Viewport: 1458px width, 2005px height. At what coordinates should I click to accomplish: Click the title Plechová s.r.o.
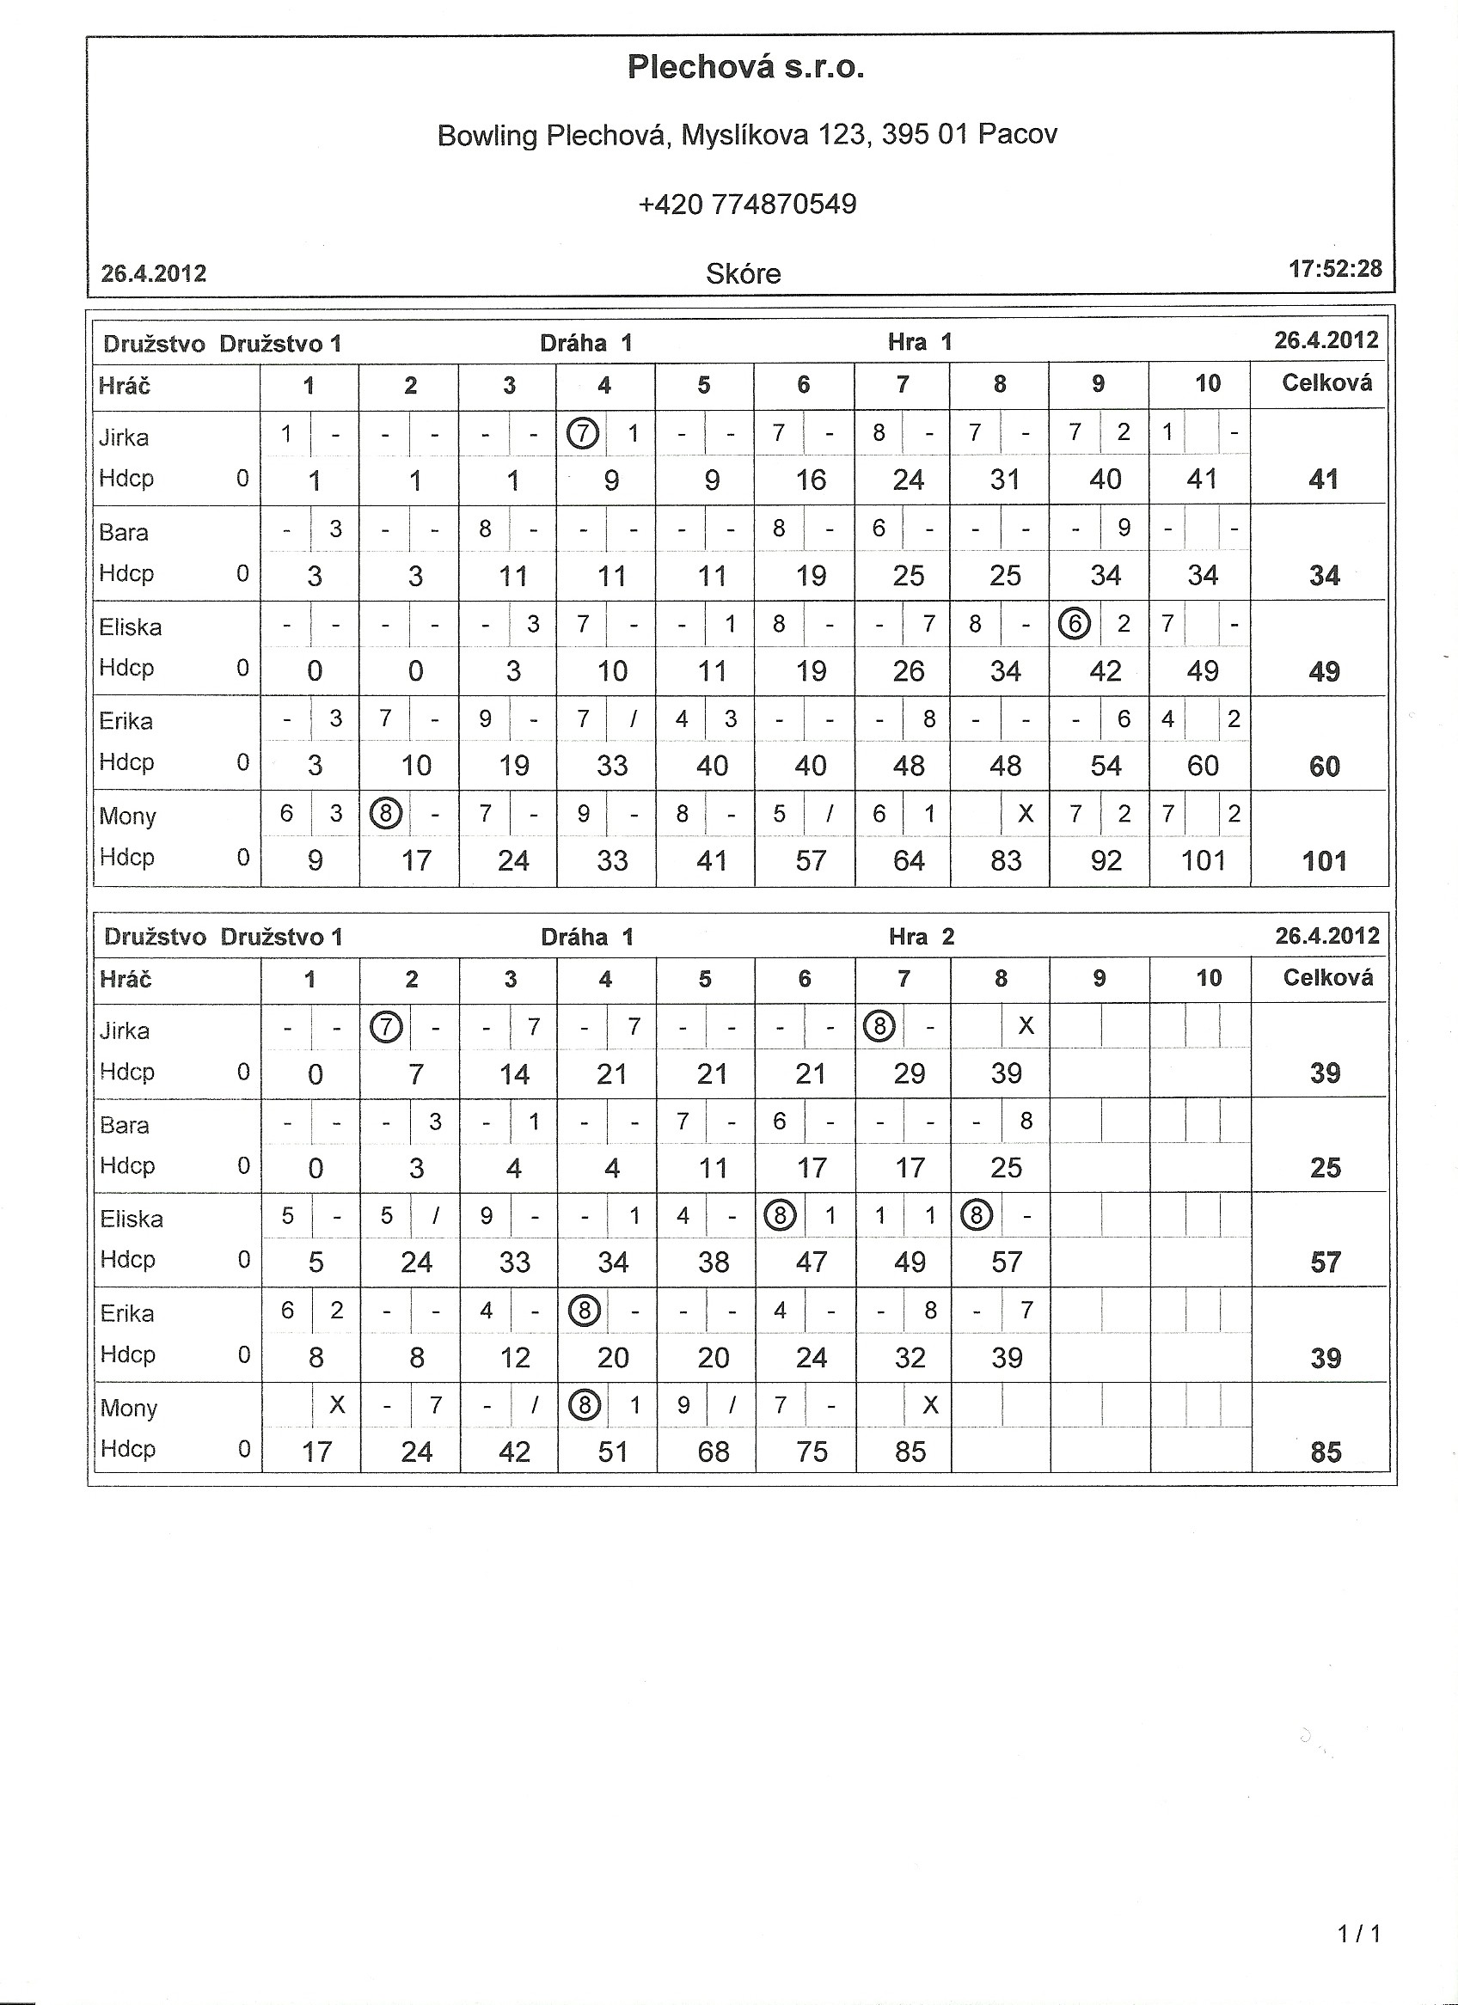745,67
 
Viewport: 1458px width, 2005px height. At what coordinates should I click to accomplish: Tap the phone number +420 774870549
747,205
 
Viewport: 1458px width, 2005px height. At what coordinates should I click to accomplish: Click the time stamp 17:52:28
1335,269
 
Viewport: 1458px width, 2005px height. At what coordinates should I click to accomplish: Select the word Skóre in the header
743,274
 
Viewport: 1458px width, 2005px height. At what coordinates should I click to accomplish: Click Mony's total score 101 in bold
1324,861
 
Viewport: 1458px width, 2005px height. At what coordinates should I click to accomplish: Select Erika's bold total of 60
1324,767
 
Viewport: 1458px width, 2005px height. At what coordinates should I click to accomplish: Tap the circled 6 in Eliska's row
1075,625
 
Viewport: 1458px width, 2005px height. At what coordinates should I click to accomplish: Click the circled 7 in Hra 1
583,434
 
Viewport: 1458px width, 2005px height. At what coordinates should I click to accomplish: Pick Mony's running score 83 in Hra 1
1006,860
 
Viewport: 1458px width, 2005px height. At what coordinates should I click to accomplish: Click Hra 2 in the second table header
922,937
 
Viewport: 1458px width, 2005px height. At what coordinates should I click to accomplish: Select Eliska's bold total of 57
1326,1262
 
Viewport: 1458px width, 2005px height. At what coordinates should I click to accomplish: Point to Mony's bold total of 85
1326,1452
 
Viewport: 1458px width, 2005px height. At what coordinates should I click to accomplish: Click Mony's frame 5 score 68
713,1452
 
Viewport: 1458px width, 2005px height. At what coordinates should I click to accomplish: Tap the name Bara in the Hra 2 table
125,1125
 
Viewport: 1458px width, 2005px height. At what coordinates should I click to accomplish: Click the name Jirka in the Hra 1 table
124,437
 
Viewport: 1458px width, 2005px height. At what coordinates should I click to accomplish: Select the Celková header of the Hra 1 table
1326,383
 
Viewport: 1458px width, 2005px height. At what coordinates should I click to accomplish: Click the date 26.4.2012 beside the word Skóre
154,274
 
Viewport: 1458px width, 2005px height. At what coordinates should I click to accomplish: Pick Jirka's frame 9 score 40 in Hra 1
1106,480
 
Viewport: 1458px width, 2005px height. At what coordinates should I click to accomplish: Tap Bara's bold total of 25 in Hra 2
1326,1168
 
